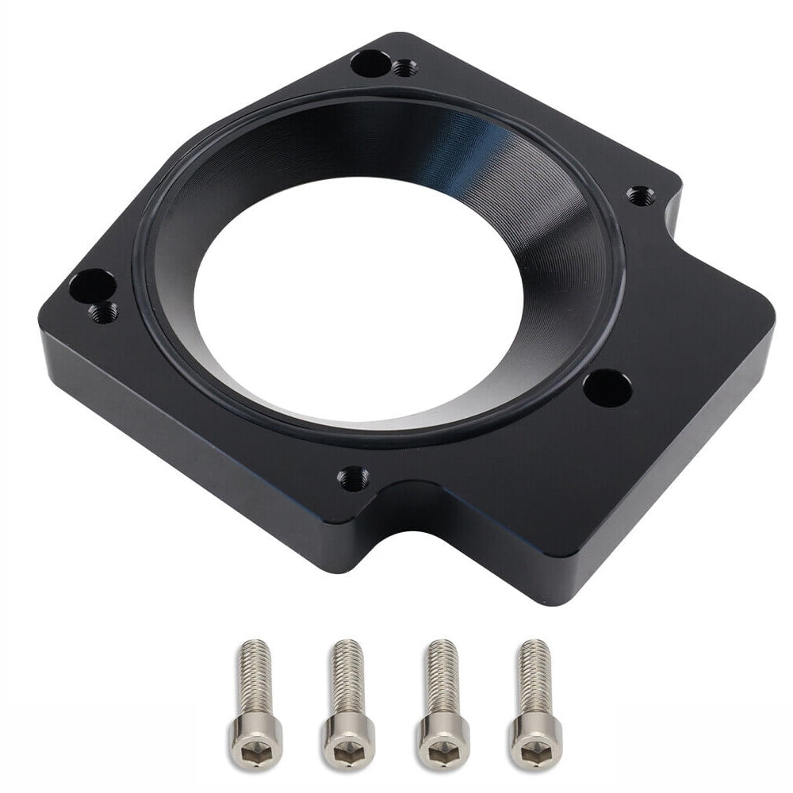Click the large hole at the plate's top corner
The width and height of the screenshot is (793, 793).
point(370,62)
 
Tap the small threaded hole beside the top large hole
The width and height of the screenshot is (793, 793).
point(404,68)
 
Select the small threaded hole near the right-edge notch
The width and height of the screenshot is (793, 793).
point(640,195)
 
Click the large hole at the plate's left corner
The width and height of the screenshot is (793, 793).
point(93,285)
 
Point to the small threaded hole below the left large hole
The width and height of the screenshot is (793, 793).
point(103,312)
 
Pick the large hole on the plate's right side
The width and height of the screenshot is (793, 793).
point(607,388)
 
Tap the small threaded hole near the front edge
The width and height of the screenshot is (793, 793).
point(353,477)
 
